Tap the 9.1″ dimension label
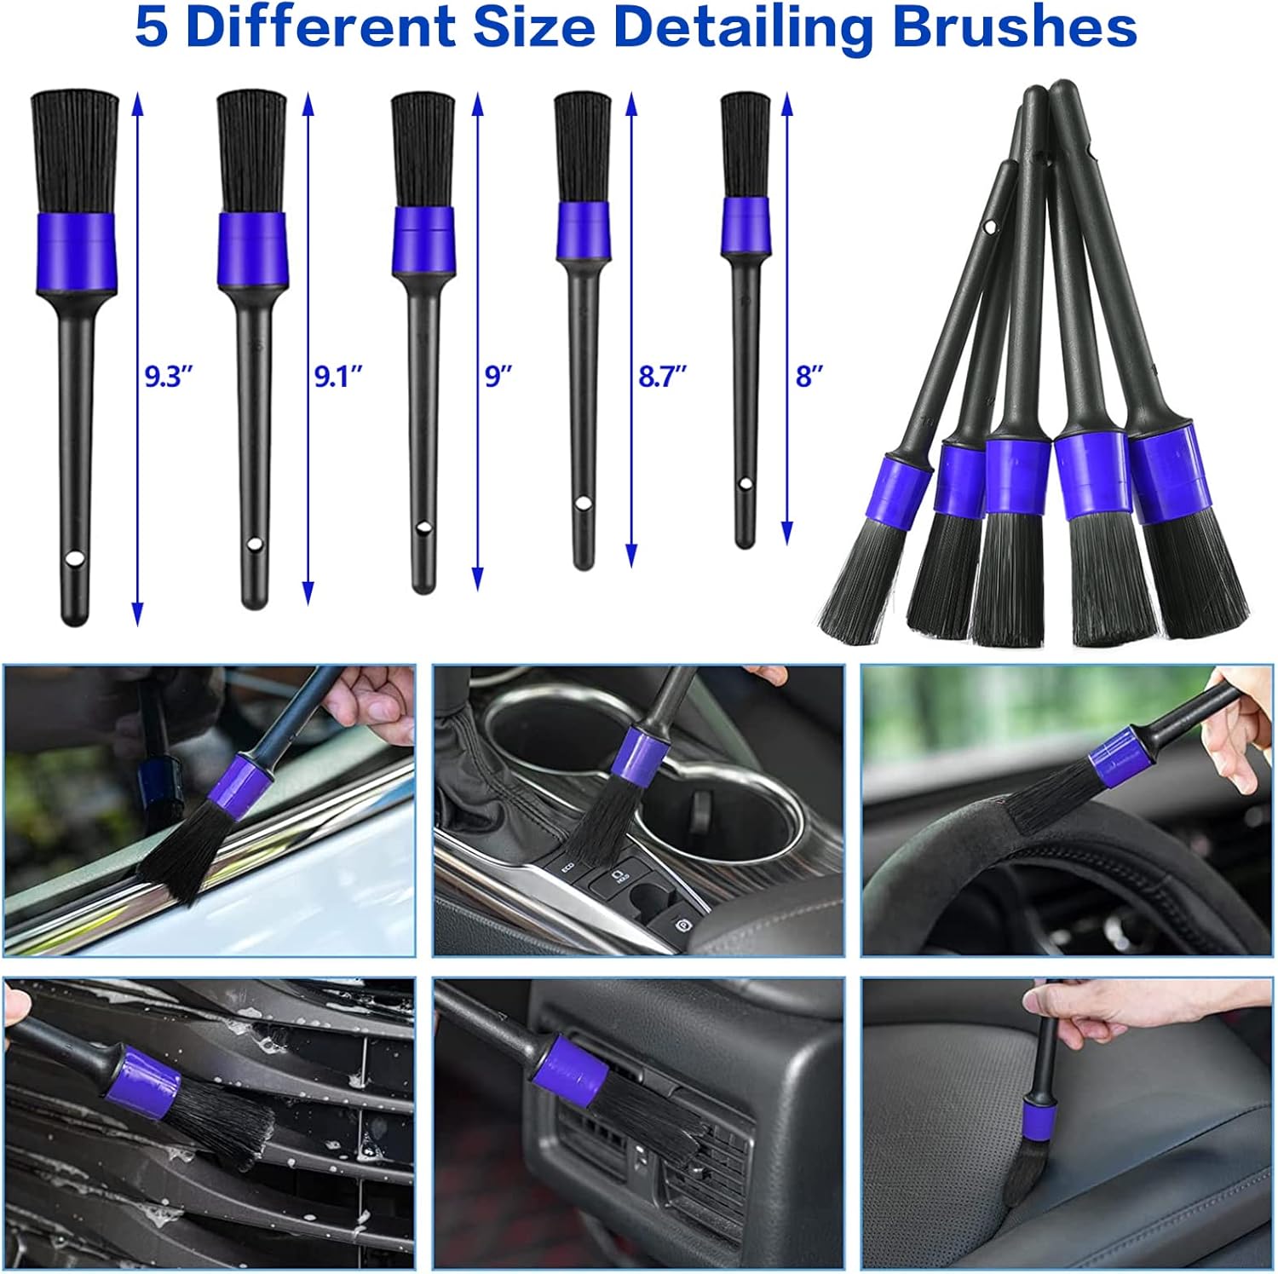click(338, 376)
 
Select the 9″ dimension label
click(498, 376)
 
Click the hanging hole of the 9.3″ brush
click(75, 559)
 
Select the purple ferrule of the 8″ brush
click(745, 226)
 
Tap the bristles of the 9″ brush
click(423, 150)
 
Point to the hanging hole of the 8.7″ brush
click(583, 504)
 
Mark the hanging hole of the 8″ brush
click(745, 484)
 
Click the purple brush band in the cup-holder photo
click(636, 754)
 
